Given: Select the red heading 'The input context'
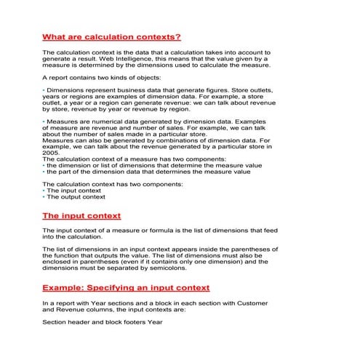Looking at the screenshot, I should (x=81, y=215).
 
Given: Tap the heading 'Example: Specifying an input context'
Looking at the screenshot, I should (x=126, y=287).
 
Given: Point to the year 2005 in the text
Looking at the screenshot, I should (x=51, y=153).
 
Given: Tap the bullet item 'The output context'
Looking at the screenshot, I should (x=76, y=196).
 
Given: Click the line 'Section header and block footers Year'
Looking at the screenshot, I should (x=102, y=321).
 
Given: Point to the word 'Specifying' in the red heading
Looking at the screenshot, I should (x=124, y=287).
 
